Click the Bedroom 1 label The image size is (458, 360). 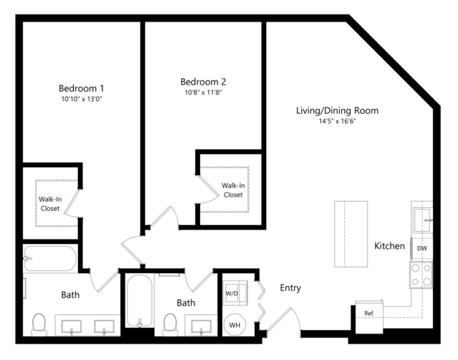coord(81,88)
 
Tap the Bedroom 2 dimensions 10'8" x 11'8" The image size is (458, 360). coord(204,93)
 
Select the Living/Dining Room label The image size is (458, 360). coord(338,110)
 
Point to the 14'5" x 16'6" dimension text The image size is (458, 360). coord(338,121)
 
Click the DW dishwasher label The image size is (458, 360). coord(421,248)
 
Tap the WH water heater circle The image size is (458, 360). coord(235,325)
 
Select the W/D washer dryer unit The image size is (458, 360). coord(235,293)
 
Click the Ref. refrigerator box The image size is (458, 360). coord(369,317)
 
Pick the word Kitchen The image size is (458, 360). coord(390,246)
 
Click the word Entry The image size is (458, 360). coord(290,288)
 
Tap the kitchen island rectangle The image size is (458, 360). coord(350,234)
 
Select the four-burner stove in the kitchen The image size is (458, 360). coord(421,275)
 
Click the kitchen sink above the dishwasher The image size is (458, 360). coord(422,220)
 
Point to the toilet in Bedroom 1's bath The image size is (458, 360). coord(39,325)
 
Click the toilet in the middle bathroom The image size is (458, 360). coord(170,325)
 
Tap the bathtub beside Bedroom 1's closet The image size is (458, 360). coord(50,259)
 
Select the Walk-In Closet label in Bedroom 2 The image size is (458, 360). coord(233,190)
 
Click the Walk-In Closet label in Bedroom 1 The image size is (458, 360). coord(50,204)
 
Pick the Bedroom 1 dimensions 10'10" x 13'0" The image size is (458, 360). coord(82,99)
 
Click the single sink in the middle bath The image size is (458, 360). coord(201,326)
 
